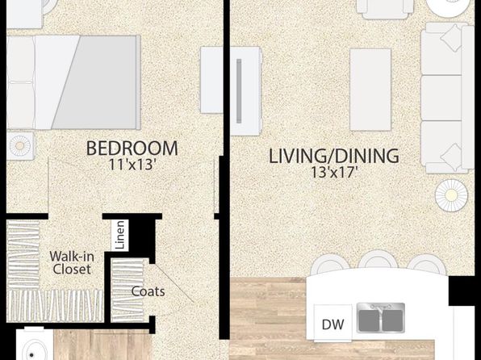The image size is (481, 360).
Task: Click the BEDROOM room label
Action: click(132, 149)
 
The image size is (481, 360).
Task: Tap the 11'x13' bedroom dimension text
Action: click(131, 165)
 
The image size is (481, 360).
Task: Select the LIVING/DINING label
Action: click(334, 156)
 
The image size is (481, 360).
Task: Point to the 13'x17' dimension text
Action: click(335, 173)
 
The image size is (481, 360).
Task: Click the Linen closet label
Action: click(120, 235)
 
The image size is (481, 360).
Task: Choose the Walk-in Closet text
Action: click(72, 262)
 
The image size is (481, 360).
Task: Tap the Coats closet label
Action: click(148, 291)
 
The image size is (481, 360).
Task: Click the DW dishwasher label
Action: click(333, 324)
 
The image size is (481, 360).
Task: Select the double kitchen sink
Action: click(381, 318)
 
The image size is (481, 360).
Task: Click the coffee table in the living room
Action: click(370, 90)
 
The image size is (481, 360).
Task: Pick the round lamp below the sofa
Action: click(451, 195)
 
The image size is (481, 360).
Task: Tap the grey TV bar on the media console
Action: click(239, 91)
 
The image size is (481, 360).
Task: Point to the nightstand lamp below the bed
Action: click(19, 145)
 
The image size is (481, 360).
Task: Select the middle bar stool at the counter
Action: click(378, 260)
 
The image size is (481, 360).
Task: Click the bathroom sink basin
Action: click(31, 350)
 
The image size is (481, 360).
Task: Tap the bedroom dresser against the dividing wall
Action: click(211, 80)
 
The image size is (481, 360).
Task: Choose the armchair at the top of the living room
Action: click(385, 9)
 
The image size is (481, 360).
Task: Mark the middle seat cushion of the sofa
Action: click(441, 98)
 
